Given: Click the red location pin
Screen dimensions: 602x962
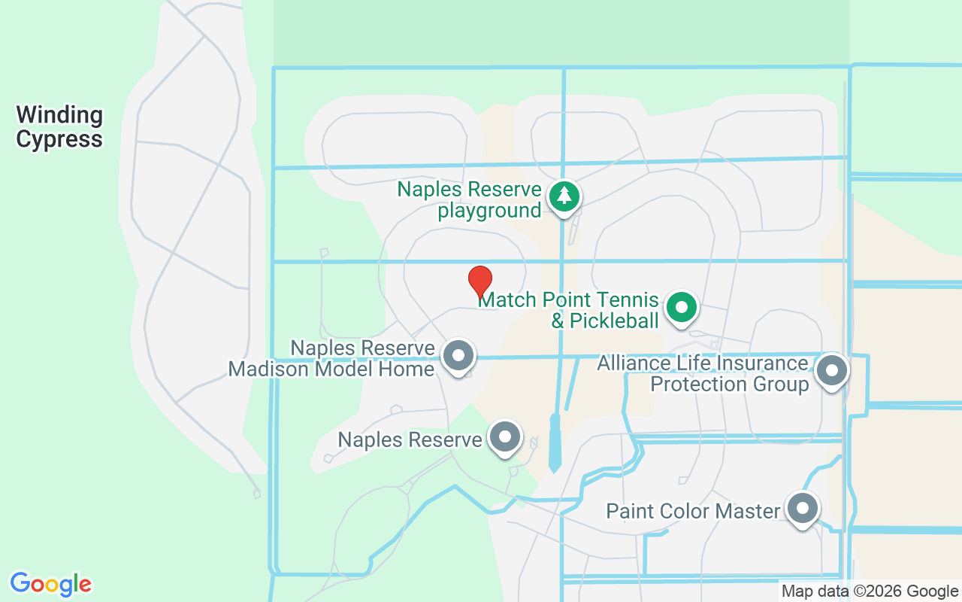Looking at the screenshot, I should [480, 281].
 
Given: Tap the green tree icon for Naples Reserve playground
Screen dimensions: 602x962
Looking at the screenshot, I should [564, 196].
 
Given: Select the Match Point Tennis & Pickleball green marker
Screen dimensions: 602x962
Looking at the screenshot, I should [682, 307].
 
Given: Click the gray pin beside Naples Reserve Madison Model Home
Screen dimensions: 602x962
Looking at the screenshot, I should [458, 355].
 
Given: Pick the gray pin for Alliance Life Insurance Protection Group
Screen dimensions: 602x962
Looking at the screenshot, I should [831, 370].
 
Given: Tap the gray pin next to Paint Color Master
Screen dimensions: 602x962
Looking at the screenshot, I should [803, 509].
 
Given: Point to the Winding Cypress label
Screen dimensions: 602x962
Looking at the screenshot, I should [59, 127].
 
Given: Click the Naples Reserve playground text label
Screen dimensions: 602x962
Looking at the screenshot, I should [470, 199].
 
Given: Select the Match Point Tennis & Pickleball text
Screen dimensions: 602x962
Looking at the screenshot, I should [569, 310].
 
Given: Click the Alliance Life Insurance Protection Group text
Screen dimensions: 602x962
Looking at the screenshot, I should [702, 374].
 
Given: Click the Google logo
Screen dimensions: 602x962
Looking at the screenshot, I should [50, 584].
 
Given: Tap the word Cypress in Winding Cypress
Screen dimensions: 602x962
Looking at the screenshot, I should [59, 139].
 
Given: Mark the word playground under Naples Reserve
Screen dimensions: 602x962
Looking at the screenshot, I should [489, 210].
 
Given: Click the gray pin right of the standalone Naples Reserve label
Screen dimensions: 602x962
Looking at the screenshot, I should [505, 436].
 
